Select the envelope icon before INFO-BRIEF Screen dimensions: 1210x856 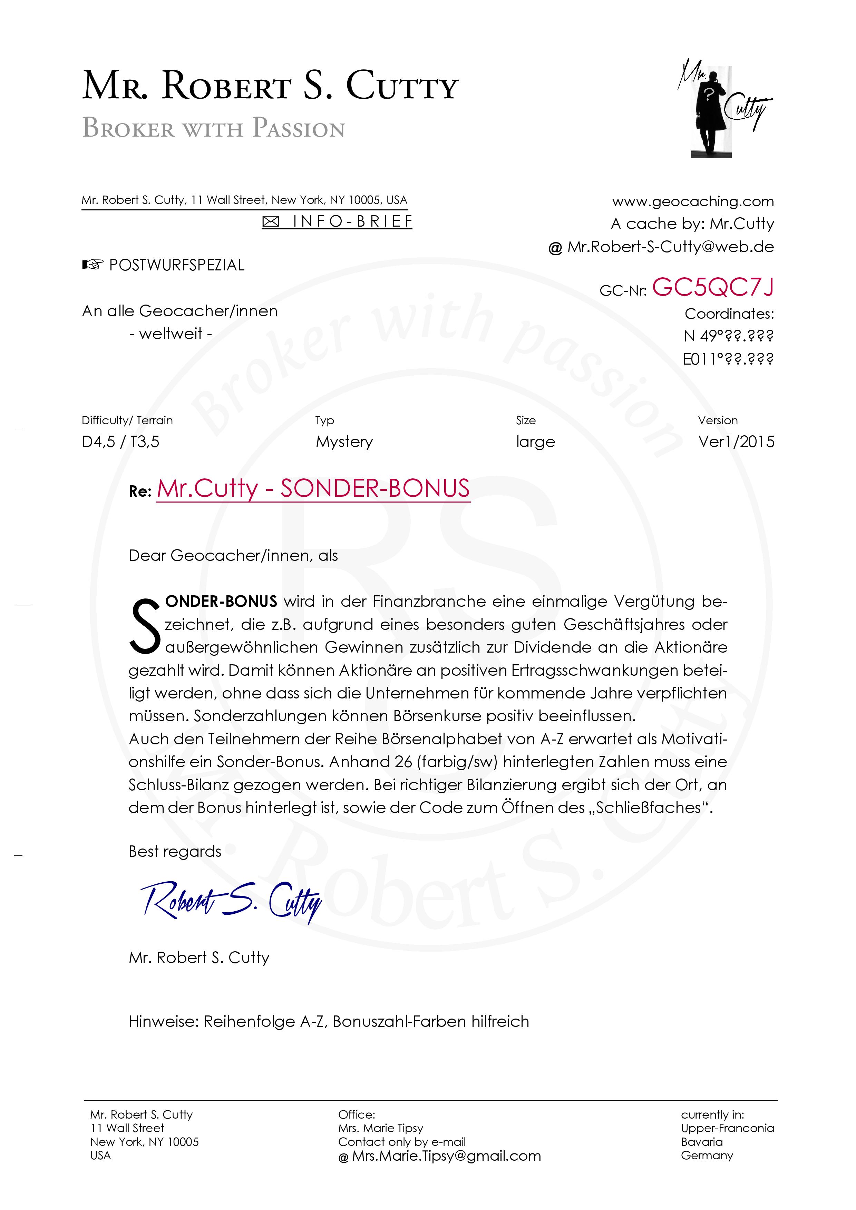coord(271,222)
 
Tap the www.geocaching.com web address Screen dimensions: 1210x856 coord(692,201)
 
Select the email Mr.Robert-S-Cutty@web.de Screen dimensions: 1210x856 coord(670,247)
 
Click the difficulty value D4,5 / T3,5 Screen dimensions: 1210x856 coord(120,442)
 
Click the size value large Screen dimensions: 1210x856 coord(535,442)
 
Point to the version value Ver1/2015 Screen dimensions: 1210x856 coord(736,442)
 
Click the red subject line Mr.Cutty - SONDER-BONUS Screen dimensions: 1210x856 coord(313,488)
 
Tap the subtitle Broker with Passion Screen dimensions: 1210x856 coord(214,128)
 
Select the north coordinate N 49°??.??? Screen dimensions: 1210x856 coord(728,336)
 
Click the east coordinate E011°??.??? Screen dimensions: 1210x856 coord(728,359)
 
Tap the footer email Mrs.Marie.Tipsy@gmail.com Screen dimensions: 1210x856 coord(446,1156)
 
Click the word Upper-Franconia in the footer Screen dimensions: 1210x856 coord(727,1128)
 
